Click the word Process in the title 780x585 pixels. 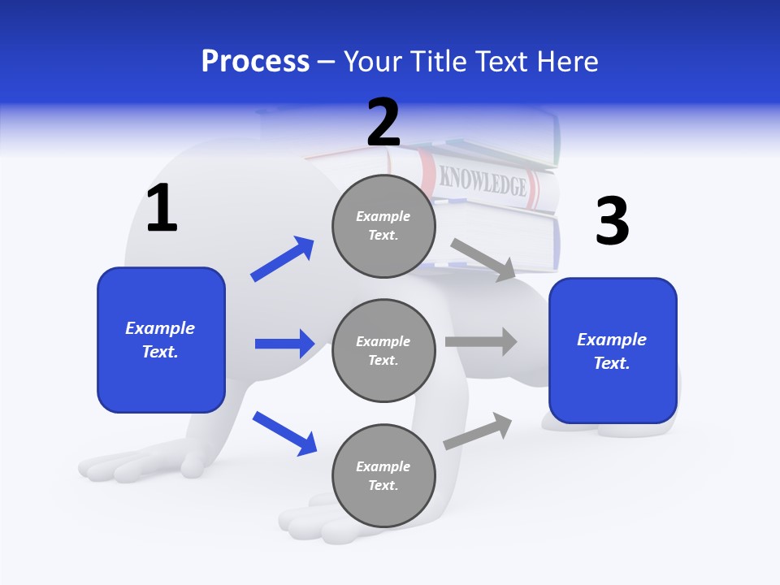click(x=255, y=62)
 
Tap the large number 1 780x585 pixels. click(x=162, y=209)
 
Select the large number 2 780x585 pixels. click(x=383, y=123)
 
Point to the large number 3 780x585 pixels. click(x=612, y=221)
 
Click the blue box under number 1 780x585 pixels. click(x=161, y=340)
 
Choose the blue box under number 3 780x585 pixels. click(x=613, y=350)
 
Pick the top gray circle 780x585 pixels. click(x=383, y=226)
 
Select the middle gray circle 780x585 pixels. click(x=383, y=350)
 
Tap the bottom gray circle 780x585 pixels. click(x=383, y=475)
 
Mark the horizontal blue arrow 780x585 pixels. click(x=284, y=344)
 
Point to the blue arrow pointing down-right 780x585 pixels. click(x=284, y=432)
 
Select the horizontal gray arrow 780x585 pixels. click(x=481, y=342)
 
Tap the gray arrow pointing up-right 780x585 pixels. click(x=478, y=431)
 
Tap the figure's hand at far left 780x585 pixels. click(x=138, y=464)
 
